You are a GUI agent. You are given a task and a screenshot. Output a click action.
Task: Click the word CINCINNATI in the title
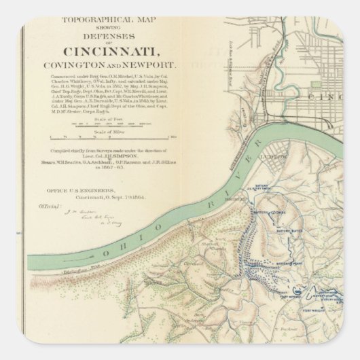(x=120, y=52)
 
